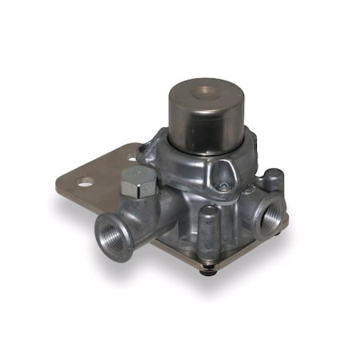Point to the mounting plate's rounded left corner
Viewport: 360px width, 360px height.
coord(64,189)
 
